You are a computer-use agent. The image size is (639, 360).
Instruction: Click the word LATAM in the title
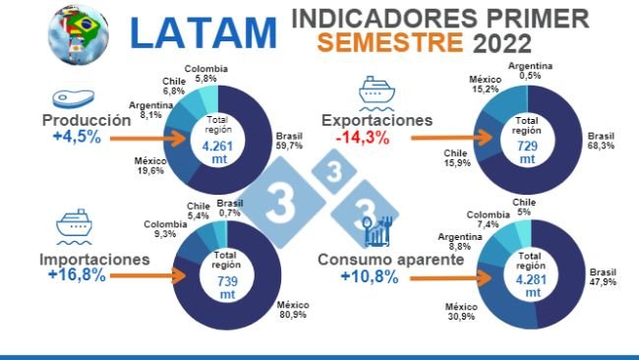(203, 32)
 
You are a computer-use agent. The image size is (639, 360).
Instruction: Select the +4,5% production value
(72, 138)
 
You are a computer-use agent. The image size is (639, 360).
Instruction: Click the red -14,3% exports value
(360, 138)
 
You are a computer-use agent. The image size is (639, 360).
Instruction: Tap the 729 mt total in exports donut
(527, 150)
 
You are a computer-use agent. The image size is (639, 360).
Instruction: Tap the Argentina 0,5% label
(529, 72)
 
